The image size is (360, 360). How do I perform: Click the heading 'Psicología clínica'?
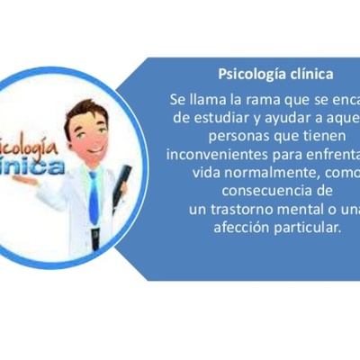pyautogui.click(x=276, y=73)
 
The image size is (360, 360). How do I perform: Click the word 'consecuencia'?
pyautogui.click(x=264, y=191)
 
